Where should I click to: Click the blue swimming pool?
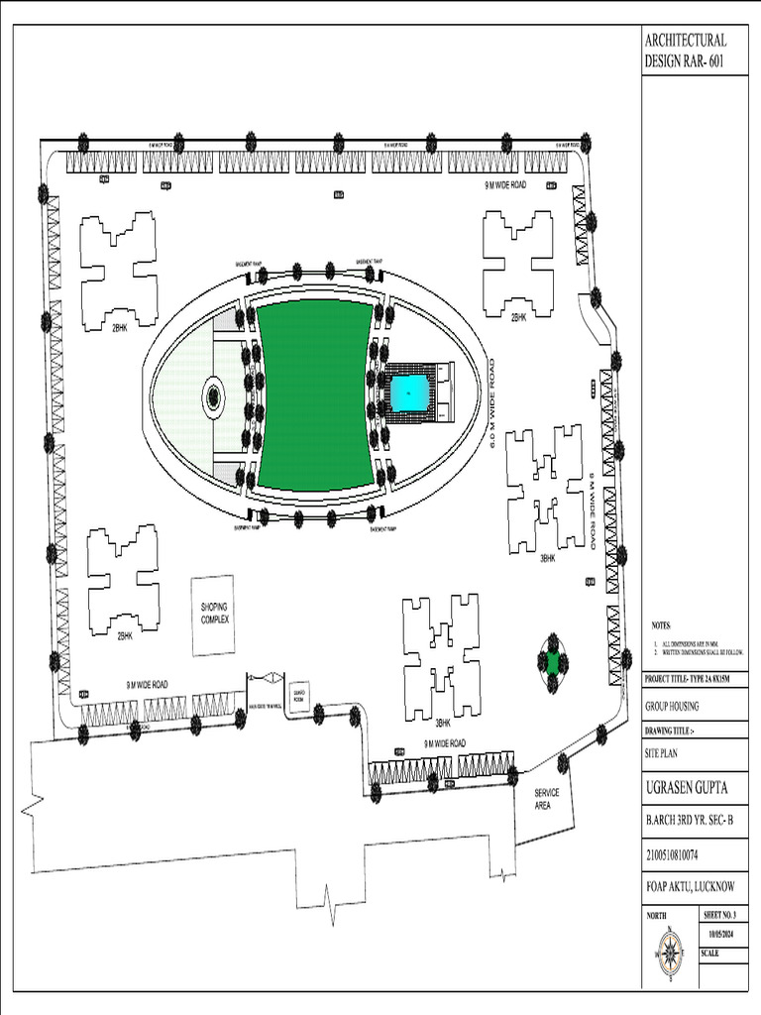[410, 393]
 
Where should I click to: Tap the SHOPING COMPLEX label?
[215, 614]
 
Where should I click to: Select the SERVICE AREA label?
[547, 799]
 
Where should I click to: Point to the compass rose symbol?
[670, 956]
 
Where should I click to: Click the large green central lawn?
[314, 395]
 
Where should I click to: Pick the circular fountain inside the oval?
[213, 397]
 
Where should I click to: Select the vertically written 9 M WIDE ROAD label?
[591, 510]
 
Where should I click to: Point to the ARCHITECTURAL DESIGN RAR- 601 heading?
[686, 51]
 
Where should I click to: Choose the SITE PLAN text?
[666, 753]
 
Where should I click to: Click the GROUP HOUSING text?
[672, 707]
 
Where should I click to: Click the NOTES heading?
[661, 626]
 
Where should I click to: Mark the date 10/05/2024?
[722, 935]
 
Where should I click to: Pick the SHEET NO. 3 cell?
[722, 916]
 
